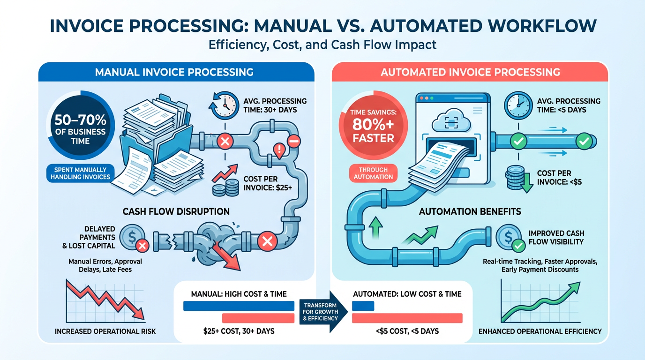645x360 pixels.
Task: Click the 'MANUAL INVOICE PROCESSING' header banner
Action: pyautogui.click(x=174, y=72)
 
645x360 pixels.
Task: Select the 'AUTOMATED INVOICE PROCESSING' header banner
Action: pyautogui.click(x=470, y=72)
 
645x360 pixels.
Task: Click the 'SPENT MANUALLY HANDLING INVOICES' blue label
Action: pyautogui.click(x=80, y=173)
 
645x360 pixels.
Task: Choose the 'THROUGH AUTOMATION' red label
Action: pyautogui.click(x=374, y=173)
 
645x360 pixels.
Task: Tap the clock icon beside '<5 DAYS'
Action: pyautogui.click(x=518, y=106)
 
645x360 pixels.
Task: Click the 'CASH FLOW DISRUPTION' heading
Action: pyautogui.click(x=176, y=211)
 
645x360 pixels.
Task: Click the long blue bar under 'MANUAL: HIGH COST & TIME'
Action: pyautogui.click(x=238, y=306)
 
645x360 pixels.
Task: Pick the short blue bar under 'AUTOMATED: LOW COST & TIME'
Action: pyautogui.click(x=363, y=306)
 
